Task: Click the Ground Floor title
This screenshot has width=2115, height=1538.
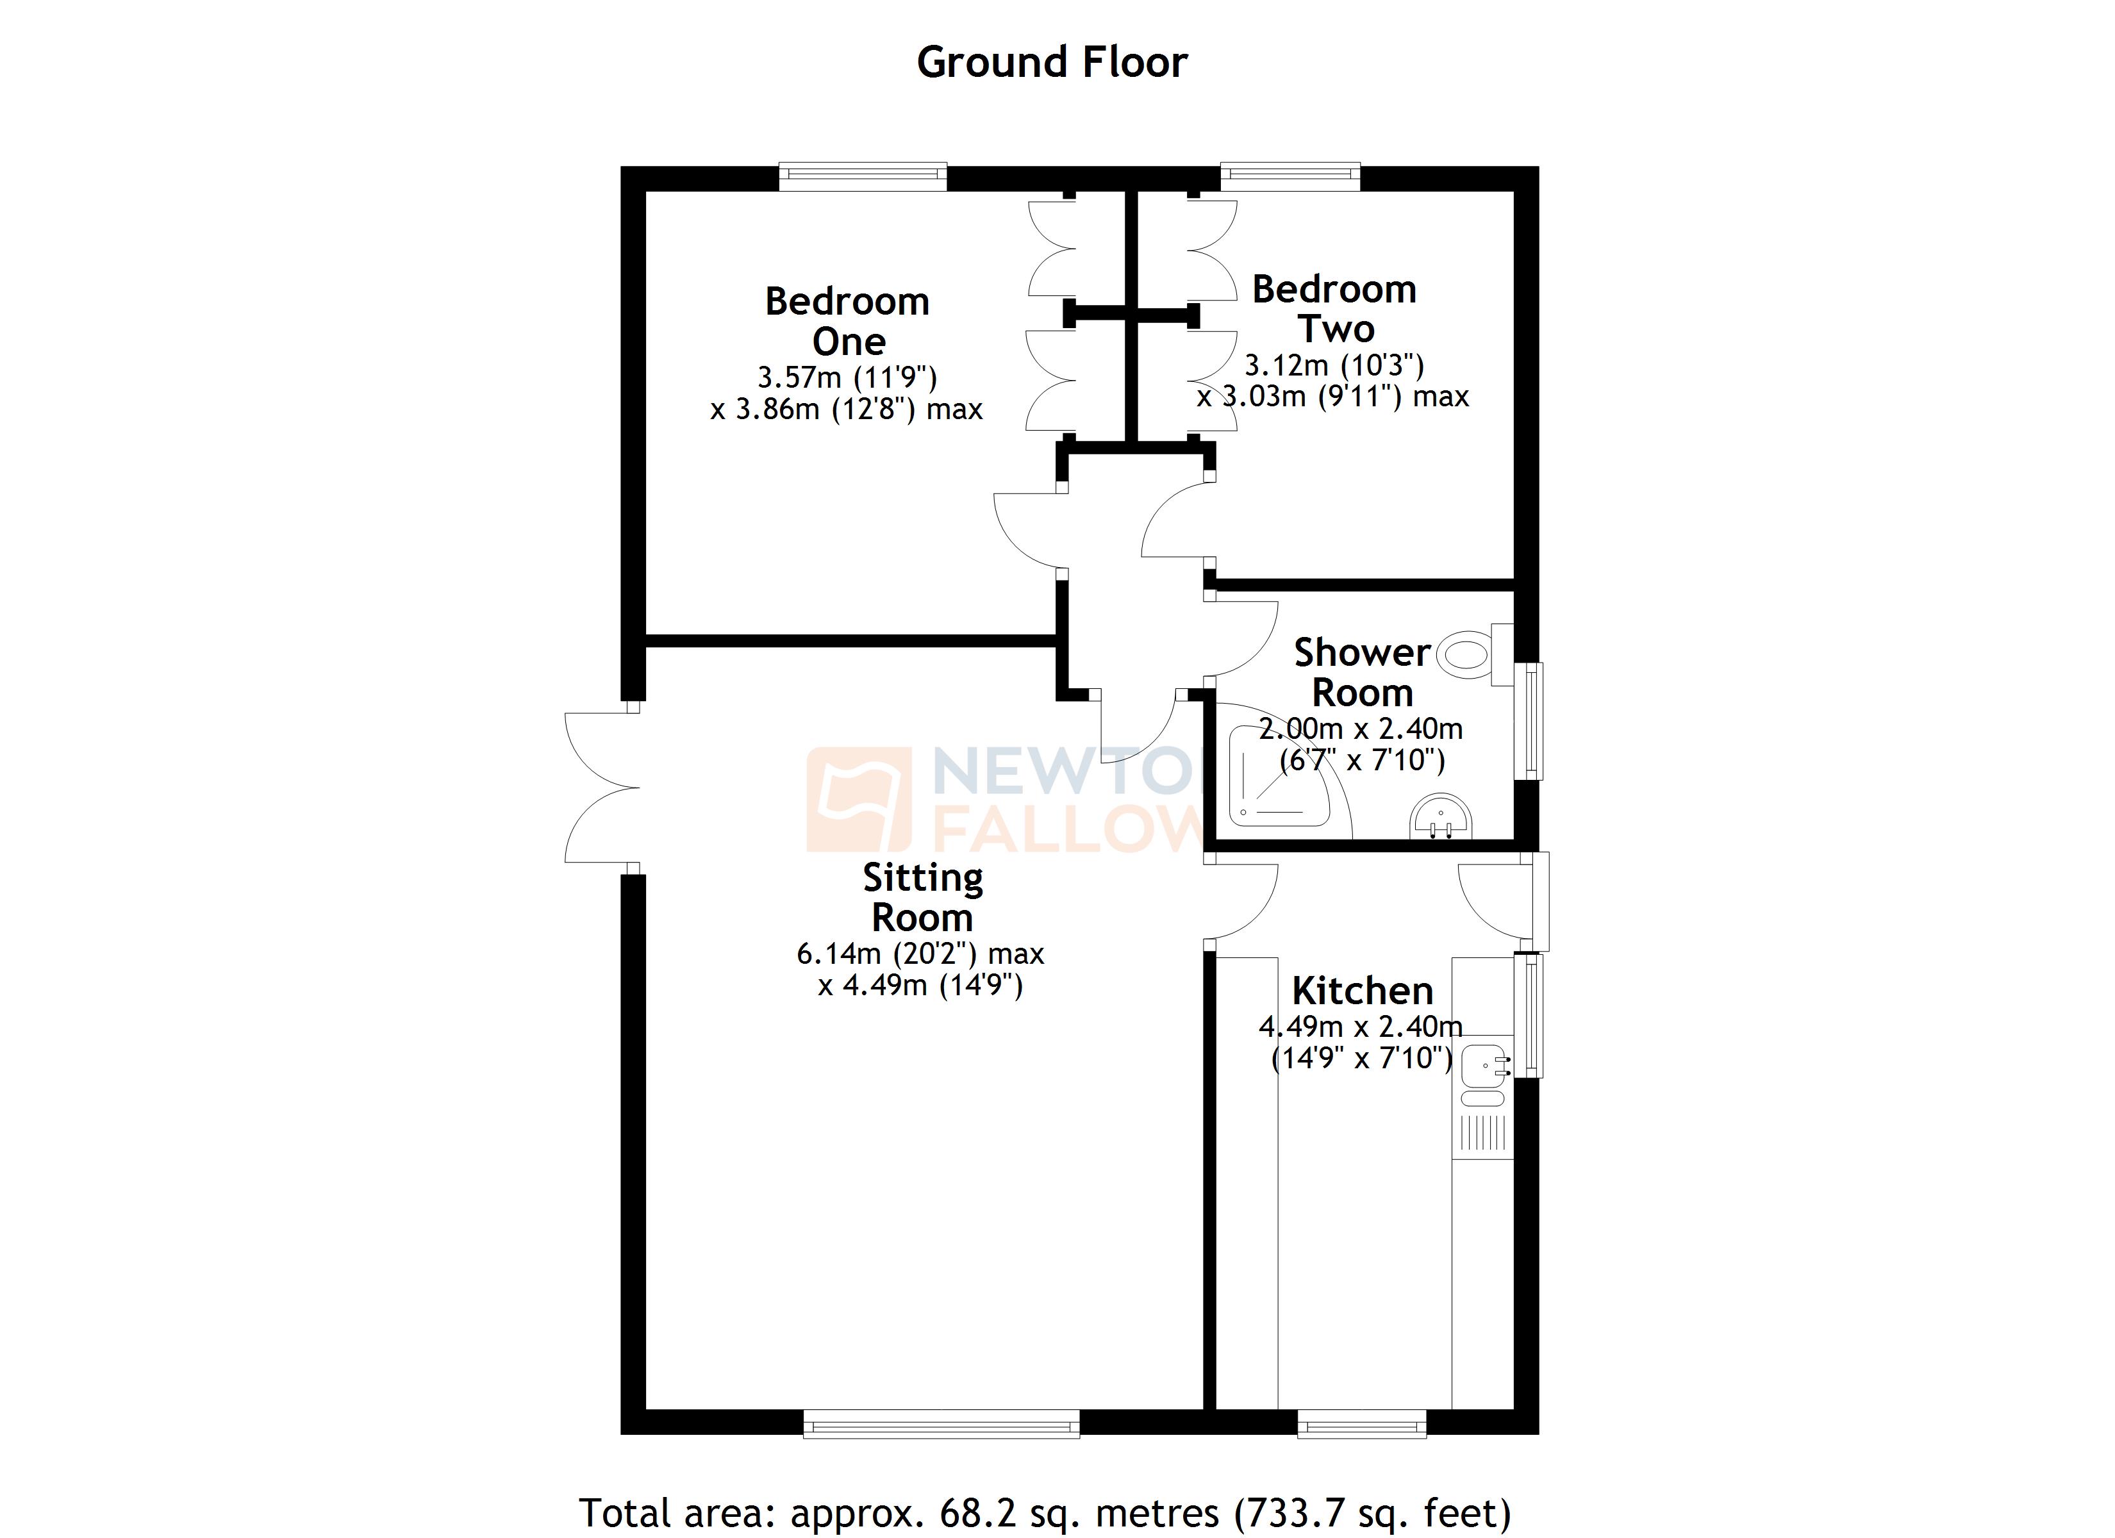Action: (1052, 63)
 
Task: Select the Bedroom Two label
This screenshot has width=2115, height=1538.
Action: (1334, 309)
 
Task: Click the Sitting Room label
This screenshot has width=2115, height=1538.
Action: (922, 897)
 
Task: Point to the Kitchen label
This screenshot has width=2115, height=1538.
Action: (1363, 989)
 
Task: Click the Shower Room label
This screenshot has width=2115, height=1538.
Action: (1363, 672)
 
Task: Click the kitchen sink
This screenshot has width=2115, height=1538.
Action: (1484, 1066)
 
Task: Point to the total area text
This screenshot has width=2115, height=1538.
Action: (1045, 1513)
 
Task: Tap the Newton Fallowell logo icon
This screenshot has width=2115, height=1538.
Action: (858, 799)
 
